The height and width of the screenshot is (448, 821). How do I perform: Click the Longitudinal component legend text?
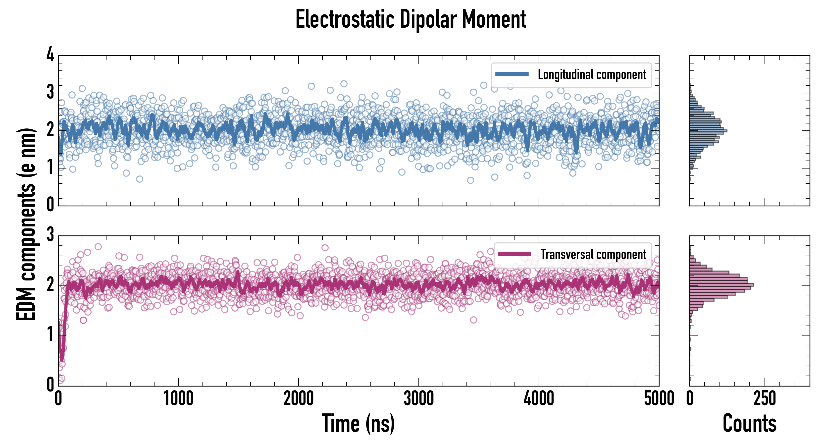tap(592, 75)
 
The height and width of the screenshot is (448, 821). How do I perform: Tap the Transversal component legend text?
tap(593, 254)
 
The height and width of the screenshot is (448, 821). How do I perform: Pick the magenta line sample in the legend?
tap(514, 254)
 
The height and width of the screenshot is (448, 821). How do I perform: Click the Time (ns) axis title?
tap(358, 423)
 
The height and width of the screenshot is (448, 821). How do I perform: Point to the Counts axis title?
tap(749, 423)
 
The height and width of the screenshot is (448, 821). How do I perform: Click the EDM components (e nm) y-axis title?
tap(26, 224)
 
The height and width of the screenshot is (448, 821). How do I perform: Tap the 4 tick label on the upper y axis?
tap(50, 55)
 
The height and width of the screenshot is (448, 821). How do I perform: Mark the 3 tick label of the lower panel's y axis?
tap(50, 235)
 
